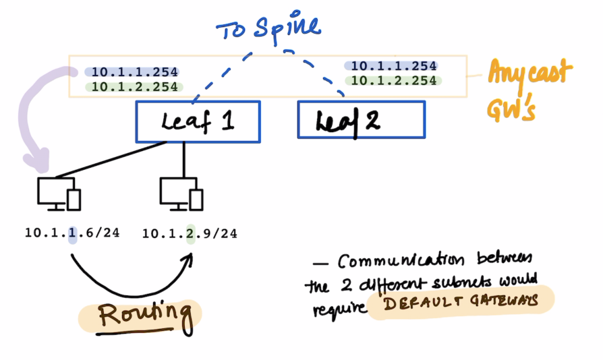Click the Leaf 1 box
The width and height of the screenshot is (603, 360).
198,122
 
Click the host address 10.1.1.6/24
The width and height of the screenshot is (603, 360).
72,233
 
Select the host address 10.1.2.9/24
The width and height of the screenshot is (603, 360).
190,234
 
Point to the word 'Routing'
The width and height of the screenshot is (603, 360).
142,314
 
